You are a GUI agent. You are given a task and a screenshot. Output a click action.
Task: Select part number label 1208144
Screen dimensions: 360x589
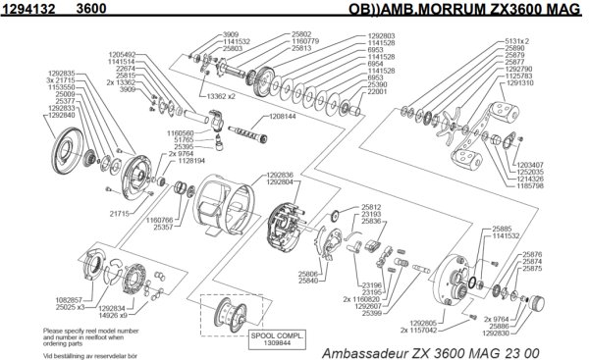[284, 115]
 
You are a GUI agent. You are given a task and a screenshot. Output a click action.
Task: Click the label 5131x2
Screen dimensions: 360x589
[540, 40]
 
